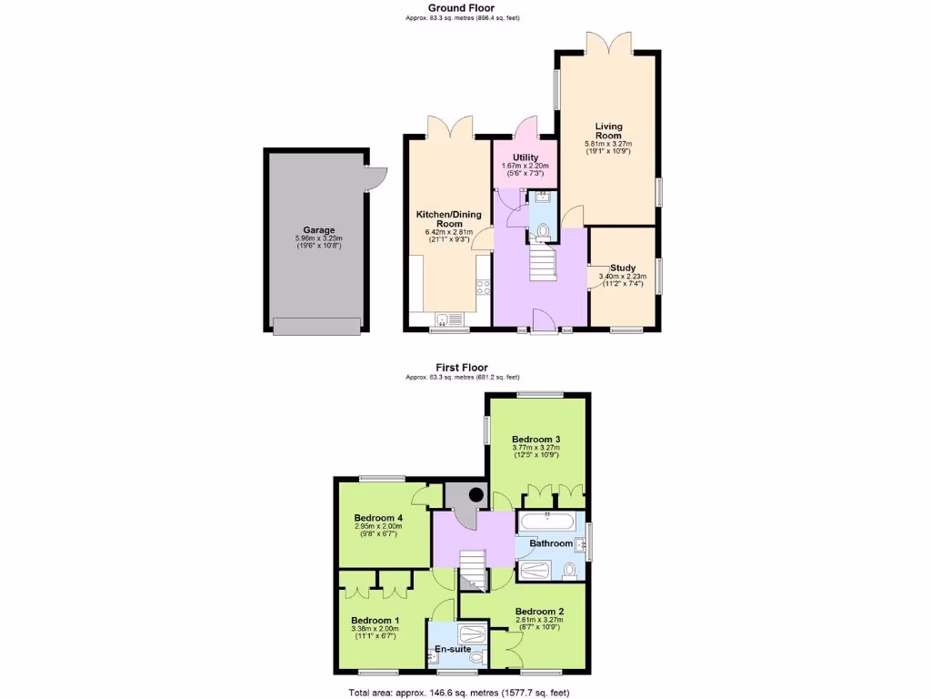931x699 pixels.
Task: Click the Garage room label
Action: (x=318, y=230)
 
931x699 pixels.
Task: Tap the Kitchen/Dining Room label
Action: (x=448, y=218)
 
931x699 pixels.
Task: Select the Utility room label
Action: (x=525, y=157)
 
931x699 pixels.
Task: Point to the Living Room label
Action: (x=608, y=131)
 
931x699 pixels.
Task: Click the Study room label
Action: (x=622, y=268)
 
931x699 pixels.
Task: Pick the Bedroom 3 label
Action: (x=536, y=438)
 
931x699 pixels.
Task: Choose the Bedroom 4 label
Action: (x=378, y=518)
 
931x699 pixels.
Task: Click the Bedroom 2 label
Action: (x=539, y=611)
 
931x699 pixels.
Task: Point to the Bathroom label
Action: (x=551, y=543)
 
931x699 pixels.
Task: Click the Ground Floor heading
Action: (x=462, y=7)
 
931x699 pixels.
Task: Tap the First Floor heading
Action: (x=462, y=368)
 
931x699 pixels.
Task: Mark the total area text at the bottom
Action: (x=459, y=692)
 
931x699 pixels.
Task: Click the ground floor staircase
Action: (x=542, y=264)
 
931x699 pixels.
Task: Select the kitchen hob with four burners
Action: (x=483, y=288)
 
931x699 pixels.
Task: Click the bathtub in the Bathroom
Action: (x=546, y=522)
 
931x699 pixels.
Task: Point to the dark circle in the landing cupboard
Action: (x=476, y=495)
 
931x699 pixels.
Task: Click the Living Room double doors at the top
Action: (x=607, y=44)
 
